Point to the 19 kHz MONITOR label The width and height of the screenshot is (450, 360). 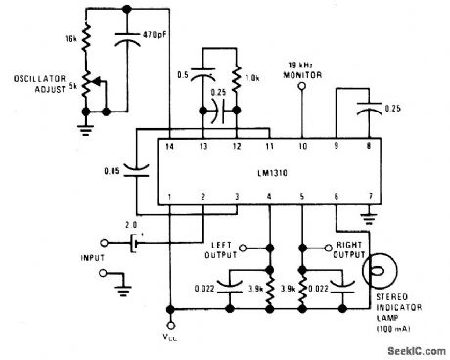pyautogui.click(x=302, y=68)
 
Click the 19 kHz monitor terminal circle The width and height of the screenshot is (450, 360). pyautogui.click(x=303, y=85)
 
